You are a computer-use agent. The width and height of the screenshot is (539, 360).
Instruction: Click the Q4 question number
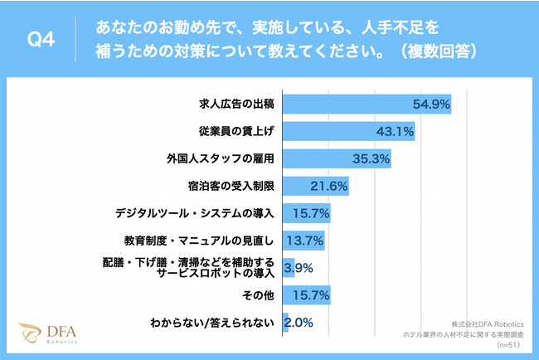[x=41, y=40]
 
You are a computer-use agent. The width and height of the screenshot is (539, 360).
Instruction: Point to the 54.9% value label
[x=430, y=104]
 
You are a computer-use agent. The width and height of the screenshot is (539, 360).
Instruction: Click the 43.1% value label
[x=395, y=131]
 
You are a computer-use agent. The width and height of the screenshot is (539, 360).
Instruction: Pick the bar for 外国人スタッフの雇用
[x=336, y=158]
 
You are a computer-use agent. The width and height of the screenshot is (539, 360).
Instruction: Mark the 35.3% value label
[x=371, y=158]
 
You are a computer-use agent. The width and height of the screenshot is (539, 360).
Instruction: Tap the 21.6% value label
[x=328, y=186]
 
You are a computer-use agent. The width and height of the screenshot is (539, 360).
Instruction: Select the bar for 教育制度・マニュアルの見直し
[x=303, y=241]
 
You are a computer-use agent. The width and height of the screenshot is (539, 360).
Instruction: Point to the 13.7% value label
[x=304, y=241]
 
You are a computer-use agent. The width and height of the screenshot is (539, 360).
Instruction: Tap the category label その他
[x=258, y=294]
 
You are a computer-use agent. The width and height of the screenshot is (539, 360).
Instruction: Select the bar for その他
[x=307, y=294]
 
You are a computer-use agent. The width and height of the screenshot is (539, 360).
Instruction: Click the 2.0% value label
[x=298, y=322]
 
